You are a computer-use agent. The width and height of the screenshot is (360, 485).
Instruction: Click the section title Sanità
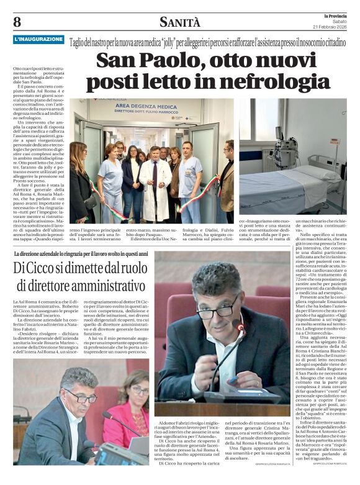pos(180,23)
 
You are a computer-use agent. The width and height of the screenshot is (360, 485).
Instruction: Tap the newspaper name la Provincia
pos(335,15)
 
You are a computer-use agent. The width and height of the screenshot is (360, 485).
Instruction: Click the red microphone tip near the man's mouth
pos(240,328)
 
